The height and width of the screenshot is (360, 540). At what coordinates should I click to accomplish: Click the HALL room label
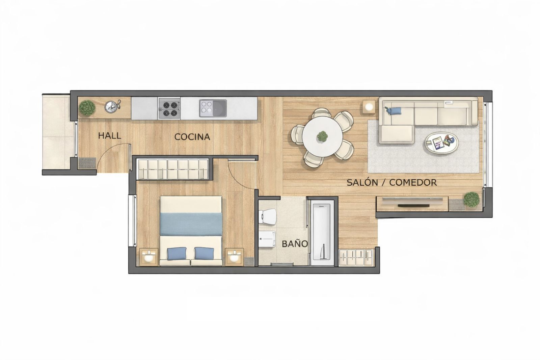point(110,136)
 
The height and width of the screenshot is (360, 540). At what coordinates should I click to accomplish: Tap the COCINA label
point(192,137)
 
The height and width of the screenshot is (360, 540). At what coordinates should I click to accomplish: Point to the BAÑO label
point(295,244)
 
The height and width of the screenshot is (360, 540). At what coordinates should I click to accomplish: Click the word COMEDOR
point(413,183)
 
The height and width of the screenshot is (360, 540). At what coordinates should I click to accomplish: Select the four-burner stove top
point(169,108)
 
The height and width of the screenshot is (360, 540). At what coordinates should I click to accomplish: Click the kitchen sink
point(213,108)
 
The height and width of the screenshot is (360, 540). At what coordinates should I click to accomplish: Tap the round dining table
point(322,136)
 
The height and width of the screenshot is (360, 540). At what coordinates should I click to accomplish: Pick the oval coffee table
point(441,143)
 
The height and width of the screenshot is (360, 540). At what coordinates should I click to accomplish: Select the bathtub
point(322,232)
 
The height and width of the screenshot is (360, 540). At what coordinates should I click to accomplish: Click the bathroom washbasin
point(267,239)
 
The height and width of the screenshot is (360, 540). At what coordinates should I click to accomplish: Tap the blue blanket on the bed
point(191,224)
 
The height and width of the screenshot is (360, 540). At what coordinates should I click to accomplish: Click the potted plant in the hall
point(87,108)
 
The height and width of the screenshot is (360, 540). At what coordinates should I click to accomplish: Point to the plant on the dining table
point(322,136)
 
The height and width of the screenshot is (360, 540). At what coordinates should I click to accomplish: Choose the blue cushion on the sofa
point(394,110)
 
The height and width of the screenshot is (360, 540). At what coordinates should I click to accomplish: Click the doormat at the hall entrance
point(87,163)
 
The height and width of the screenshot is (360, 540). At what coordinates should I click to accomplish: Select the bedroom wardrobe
point(172,169)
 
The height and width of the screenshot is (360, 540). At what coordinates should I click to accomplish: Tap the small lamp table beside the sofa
point(369,107)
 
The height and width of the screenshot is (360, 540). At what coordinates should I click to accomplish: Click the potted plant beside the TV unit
point(471,199)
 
